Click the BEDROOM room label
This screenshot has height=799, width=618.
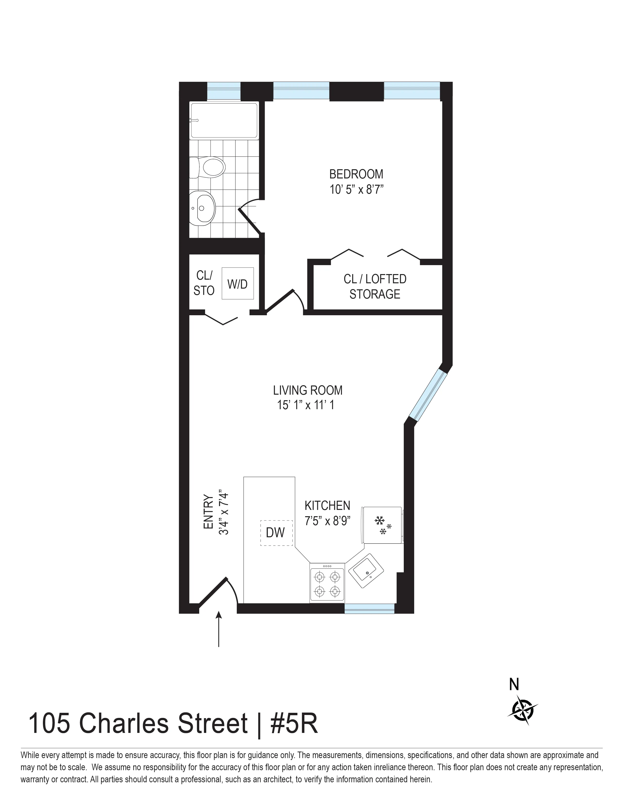(x=356, y=174)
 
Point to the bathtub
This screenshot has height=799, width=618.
(x=224, y=120)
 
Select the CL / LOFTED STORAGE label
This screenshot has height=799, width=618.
(x=374, y=286)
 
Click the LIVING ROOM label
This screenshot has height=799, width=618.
(x=308, y=390)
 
